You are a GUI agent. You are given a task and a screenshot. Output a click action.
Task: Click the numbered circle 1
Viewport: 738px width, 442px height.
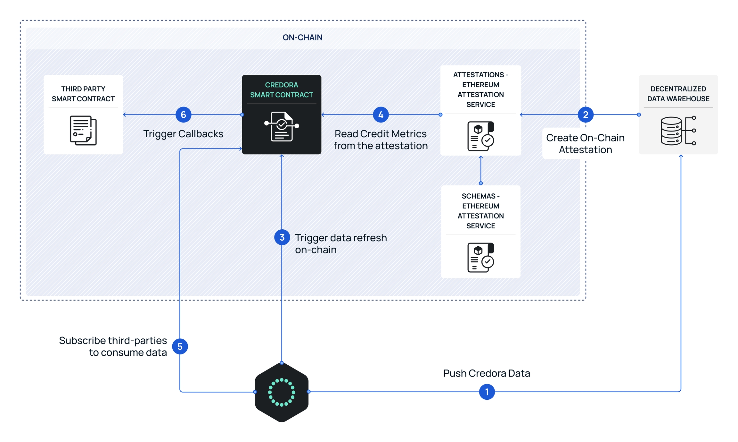click(x=487, y=392)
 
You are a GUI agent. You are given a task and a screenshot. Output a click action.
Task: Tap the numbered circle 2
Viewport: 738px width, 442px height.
click(x=585, y=115)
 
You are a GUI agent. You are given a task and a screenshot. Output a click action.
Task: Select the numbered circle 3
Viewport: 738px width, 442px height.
click(x=282, y=237)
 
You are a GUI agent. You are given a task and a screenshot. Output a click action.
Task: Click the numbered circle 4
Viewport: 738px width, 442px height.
click(x=381, y=115)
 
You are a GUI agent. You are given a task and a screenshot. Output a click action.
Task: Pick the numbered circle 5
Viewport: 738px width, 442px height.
click(x=180, y=346)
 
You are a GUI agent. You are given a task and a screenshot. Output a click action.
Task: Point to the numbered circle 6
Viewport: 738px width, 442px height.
click(x=183, y=115)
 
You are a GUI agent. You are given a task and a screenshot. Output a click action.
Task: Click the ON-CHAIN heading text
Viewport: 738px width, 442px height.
click(x=302, y=38)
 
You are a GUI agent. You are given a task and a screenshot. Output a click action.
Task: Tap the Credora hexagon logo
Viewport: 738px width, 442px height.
click(x=282, y=392)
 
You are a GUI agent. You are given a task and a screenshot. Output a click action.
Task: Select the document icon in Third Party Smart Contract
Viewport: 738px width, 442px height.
click(x=83, y=131)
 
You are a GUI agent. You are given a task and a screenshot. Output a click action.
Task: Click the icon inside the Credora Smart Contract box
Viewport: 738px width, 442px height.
click(x=282, y=126)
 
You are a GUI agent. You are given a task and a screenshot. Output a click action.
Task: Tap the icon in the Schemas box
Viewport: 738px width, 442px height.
click(x=480, y=258)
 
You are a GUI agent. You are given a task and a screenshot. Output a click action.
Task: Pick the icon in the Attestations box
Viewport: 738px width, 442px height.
click(x=480, y=136)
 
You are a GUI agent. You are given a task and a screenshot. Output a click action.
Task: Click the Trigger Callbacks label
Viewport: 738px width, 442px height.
click(x=183, y=134)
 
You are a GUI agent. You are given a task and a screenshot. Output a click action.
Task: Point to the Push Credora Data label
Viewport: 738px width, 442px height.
click(x=487, y=373)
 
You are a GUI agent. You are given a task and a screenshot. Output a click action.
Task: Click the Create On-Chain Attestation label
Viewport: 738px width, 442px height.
click(x=585, y=144)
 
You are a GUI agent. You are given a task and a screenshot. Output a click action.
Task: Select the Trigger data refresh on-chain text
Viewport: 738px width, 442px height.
click(x=340, y=244)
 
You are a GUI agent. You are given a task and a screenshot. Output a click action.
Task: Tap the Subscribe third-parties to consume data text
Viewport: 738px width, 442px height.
click(x=113, y=346)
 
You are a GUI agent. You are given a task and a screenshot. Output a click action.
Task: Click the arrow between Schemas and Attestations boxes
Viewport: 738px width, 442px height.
click(x=480, y=169)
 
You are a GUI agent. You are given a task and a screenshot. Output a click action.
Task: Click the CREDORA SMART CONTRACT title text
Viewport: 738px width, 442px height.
click(x=282, y=90)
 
